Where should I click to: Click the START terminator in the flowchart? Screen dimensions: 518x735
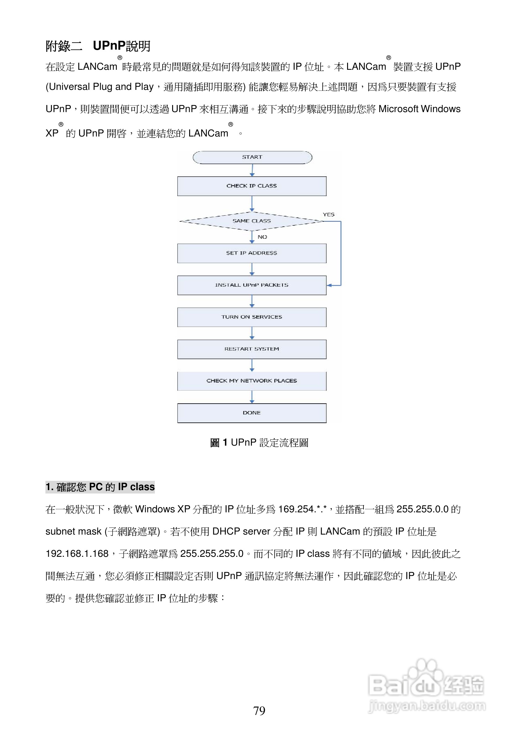coord(252,157)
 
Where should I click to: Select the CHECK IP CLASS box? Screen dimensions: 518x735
coord(252,186)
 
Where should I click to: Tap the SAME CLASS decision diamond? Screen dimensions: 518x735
coord(252,221)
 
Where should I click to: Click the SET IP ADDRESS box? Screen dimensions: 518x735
coord(252,253)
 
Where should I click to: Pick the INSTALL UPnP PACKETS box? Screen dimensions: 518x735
coord(252,285)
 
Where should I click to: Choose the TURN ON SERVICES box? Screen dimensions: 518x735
coord(252,317)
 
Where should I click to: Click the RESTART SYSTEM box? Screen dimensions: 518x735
coord(252,349)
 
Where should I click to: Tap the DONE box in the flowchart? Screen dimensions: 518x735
coord(252,413)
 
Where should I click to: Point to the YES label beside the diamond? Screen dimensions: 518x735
coord(328,215)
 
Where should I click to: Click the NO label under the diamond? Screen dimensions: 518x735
coord(262,237)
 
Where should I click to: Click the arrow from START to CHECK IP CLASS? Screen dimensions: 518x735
coord(252,170)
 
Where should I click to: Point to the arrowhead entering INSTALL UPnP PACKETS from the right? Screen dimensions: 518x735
coord(329,285)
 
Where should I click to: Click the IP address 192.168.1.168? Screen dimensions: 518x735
coord(77,553)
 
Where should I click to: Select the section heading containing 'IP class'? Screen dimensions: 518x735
coord(100,487)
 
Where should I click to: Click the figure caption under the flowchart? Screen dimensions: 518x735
coord(259,443)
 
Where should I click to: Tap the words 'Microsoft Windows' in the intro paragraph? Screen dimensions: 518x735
coord(419,109)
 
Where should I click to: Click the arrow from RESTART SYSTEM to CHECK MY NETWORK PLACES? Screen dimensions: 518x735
coord(252,365)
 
